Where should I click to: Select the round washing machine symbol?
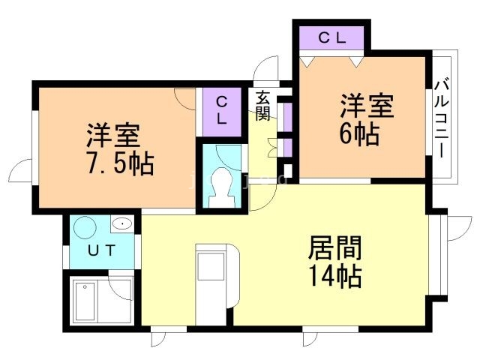pyautogui.click(x=84, y=227)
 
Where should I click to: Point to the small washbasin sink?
pyautogui.click(x=121, y=223)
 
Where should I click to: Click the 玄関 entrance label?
pyautogui.click(x=262, y=105)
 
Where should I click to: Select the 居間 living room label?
pyautogui.click(x=335, y=248)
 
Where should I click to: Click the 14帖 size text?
pyautogui.click(x=335, y=275)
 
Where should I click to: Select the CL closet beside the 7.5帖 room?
pyautogui.click(x=222, y=110)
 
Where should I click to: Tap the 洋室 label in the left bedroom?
pyautogui.click(x=112, y=135)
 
